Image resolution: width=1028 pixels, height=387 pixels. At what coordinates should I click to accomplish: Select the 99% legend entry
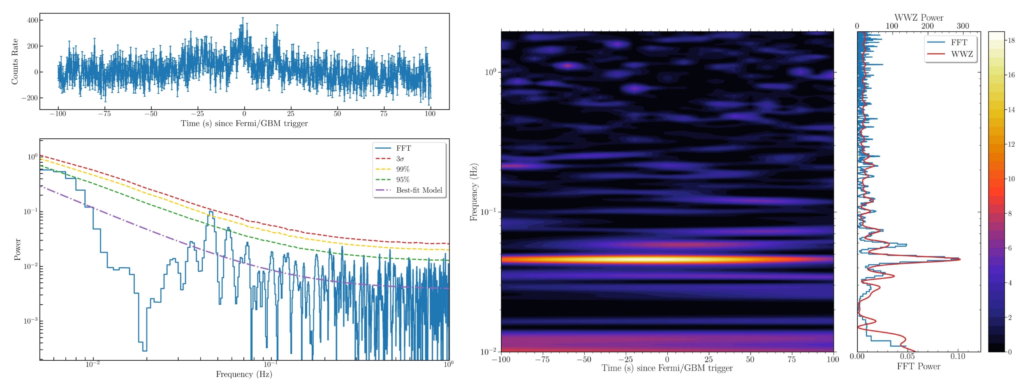coord(403,169)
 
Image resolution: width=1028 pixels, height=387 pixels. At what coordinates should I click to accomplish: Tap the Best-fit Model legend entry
coord(419,190)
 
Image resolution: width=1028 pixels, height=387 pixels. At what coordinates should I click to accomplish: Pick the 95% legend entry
coord(403,180)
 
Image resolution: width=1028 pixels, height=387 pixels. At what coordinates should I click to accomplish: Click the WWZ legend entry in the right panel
coord(962,54)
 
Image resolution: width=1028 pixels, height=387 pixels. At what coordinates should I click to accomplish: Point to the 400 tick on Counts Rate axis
coord(32,20)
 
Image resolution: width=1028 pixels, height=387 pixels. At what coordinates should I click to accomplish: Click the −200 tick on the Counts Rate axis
coord(30,98)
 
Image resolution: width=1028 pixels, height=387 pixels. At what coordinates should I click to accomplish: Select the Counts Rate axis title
coord(15,62)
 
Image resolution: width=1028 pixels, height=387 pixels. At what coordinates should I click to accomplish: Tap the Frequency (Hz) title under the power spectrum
coord(244,374)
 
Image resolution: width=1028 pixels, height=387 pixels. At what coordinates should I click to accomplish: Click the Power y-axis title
coord(17,249)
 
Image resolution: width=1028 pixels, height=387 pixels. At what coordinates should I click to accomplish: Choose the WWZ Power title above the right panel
coord(919,18)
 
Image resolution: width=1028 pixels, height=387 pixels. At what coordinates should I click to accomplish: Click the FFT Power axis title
coord(918,366)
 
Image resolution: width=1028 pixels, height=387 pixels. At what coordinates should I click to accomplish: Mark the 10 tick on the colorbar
coord(1011,179)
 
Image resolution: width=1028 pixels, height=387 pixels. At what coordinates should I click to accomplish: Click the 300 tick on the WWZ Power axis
coord(963,26)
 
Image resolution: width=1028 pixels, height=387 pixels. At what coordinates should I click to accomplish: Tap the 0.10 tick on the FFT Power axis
coord(958,357)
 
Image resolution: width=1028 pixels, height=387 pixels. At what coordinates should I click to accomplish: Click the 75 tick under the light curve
coord(383,114)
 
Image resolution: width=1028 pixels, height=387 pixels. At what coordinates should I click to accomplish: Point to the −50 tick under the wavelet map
coord(583,359)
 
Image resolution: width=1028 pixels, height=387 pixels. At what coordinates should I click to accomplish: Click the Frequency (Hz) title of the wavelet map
coord(474,192)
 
